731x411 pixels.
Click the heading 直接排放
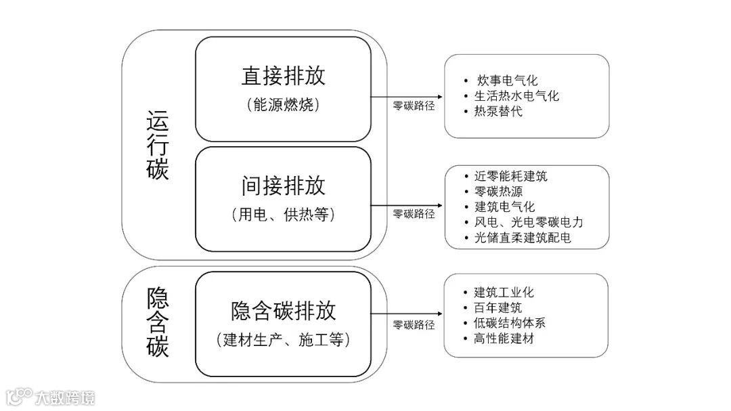283,76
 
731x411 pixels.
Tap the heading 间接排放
283,186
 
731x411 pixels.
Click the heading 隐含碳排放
283,310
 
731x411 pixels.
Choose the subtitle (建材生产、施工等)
283,340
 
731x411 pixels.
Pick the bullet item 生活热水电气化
517,96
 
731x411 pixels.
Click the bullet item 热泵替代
499,111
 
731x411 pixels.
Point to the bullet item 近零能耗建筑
511,177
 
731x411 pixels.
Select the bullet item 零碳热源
499,192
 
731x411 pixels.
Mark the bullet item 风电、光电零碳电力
529,222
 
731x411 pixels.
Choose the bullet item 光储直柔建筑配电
523,238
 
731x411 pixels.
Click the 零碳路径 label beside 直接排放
414,106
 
